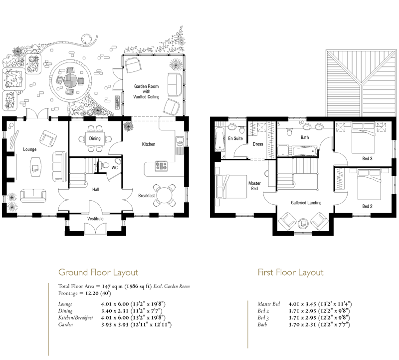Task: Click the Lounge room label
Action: click(30, 149)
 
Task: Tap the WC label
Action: click(115, 168)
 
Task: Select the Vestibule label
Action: click(95, 219)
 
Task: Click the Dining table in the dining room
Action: click(95, 138)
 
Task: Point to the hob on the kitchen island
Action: click(161, 166)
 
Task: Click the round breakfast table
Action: click(165, 195)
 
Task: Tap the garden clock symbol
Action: click(86, 39)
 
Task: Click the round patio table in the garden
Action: click(70, 80)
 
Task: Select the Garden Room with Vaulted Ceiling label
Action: click(146, 91)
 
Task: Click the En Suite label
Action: click(235, 138)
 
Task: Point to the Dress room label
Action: click(258, 144)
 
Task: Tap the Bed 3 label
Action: click(367, 158)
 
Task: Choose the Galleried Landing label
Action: click(306, 203)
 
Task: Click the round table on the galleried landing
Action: click(303, 223)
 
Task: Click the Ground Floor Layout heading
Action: click(98, 272)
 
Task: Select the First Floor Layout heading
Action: click(291, 272)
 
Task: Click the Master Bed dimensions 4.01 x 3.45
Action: click(302, 304)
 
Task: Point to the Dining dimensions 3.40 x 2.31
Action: click(115, 311)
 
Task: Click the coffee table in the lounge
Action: click(35, 167)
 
